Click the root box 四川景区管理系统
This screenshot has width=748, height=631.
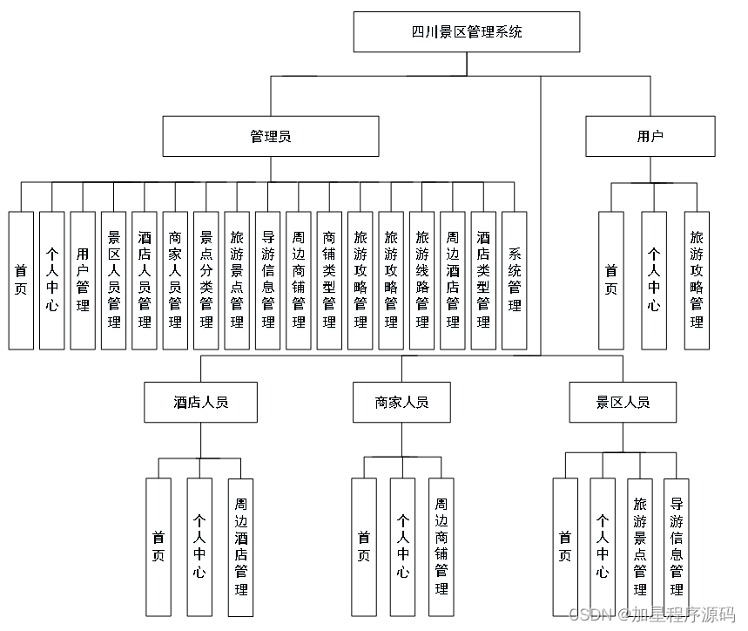coord(467,32)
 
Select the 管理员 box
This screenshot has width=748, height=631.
coord(271,136)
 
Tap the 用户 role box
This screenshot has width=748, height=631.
coord(650,136)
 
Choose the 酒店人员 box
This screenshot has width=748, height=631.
coord(201,402)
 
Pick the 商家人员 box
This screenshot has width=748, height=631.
coord(401,402)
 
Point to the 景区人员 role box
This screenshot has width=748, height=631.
coord(623,402)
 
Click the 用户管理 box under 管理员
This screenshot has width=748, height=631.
coord(83,281)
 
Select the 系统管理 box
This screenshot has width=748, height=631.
coord(515,281)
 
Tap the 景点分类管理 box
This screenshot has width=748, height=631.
coord(206,281)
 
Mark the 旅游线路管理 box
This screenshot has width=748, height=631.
coord(422,281)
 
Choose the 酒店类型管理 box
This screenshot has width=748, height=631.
coord(483,281)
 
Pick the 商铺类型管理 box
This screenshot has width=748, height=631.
coord(329,281)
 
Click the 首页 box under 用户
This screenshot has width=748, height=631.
coord(611,281)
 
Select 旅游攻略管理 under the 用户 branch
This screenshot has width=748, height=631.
coord(697,281)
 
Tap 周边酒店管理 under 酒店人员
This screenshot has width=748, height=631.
coord(241,547)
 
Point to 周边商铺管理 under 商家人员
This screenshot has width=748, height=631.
coord(441,547)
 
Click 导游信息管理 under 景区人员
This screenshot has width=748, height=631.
coord(677,547)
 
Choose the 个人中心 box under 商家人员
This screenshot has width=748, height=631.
coord(402,547)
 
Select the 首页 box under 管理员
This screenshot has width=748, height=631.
coord(21,281)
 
